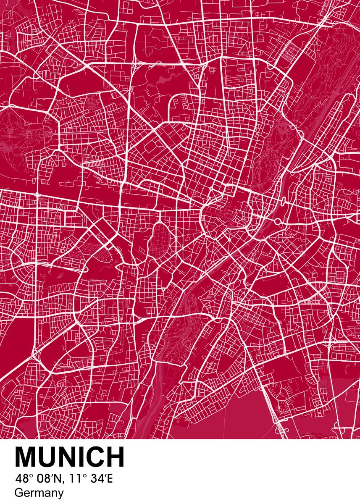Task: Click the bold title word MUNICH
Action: click(70, 457)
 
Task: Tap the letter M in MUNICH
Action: click(26, 457)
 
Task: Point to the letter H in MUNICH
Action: click(115, 457)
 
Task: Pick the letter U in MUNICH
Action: click(50, 457)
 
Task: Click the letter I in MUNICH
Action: click(79, 457)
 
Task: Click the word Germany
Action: click(39, 493)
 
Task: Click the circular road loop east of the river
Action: click(278, 221)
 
